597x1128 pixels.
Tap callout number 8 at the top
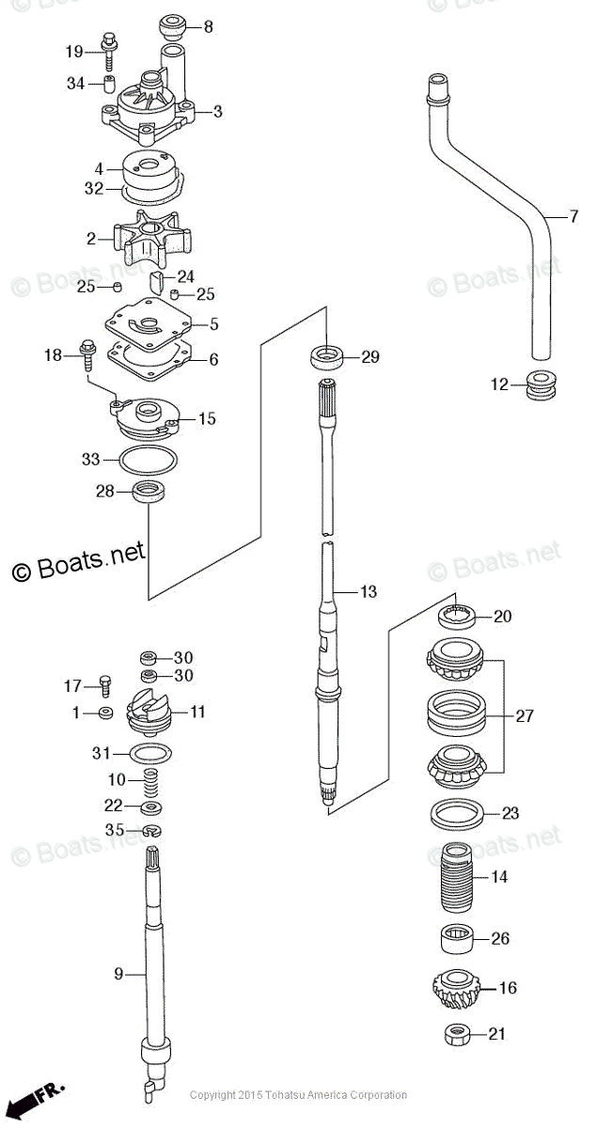coord(208,27)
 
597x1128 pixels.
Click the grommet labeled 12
coord(538,385)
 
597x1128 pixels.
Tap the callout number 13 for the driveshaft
coord(368,592)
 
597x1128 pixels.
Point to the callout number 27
coord(524,716)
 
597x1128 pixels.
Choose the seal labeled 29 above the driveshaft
coord(325,356)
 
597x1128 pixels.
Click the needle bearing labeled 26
coord(455,938)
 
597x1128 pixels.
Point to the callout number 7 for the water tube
coord(573,217)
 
